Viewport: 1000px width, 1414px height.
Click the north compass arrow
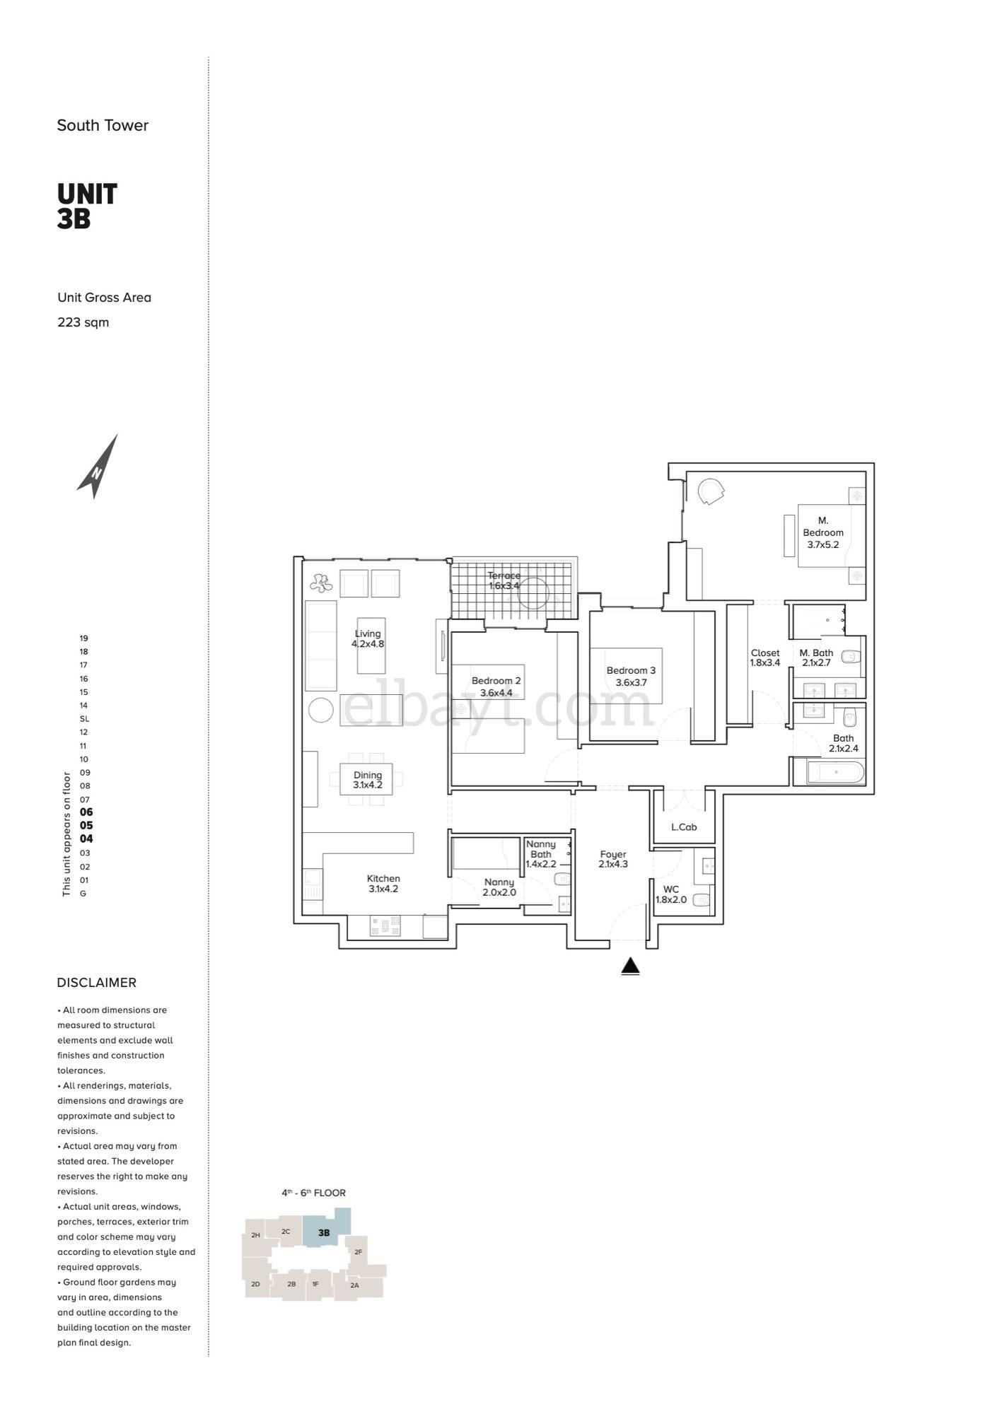click(x=98, y=467)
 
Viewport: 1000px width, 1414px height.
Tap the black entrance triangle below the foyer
click(x=630, y=966)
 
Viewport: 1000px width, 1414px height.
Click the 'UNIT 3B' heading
click(x=87, y=206)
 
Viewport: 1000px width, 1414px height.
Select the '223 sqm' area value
click(x=83, y=322)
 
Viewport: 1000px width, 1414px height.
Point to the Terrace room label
click(x=504, y=575)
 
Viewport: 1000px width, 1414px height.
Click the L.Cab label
click(x=684, y=826)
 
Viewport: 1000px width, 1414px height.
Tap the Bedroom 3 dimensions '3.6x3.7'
click(x=631, y=682)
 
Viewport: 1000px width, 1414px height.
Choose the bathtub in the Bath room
click(x=836, y=772)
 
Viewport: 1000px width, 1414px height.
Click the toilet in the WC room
click(x=701, y=900)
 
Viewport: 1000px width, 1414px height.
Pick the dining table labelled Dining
click(x=366, y=778)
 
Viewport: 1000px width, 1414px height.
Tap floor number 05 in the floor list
click(x=86, y=825)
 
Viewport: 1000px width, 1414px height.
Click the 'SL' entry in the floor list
click(x=84, y=719)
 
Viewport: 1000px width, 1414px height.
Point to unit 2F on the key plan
click(x=358, y=1252)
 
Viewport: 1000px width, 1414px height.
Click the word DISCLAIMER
click(x=97, y=983)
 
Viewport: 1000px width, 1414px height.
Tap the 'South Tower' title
click(x=103, y=126)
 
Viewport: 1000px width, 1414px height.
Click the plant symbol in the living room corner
click(x=320, y=583)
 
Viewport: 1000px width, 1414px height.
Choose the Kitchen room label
click(x=383, y=879)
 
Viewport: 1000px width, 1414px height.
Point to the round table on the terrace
click(x=534, y=592)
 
